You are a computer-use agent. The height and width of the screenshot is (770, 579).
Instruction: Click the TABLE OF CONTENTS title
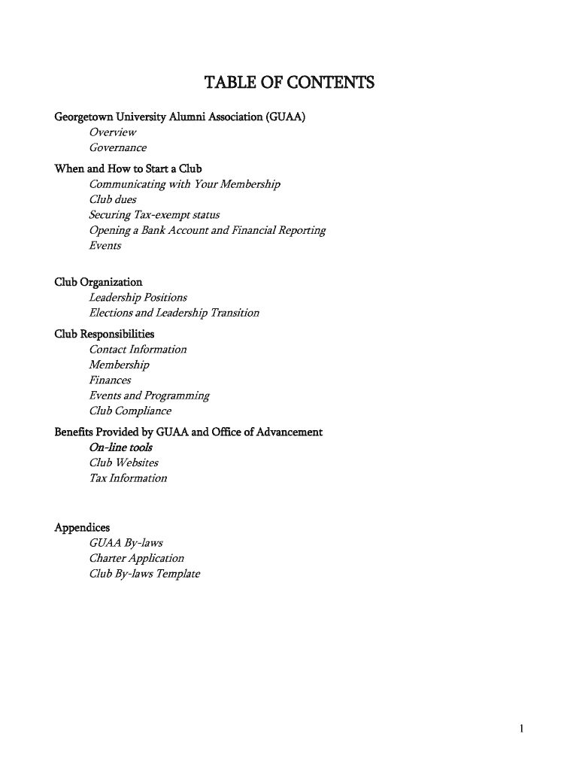[289, 82]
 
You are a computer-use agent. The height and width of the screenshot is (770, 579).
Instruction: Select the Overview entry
[113, 132]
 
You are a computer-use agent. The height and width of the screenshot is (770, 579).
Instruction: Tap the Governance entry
[117, 148]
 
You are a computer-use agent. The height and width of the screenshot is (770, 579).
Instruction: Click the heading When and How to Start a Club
[128, 168]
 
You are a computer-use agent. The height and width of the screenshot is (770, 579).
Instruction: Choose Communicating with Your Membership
[184, 184]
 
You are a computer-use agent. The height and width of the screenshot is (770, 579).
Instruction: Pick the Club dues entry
[113, 200]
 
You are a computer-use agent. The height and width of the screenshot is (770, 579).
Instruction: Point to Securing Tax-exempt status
[154, 215]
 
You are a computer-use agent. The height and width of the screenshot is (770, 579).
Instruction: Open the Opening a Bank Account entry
[207, 230]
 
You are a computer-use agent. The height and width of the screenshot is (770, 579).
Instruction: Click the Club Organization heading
[98, 282]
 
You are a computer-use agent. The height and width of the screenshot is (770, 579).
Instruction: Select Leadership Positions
[138, 298]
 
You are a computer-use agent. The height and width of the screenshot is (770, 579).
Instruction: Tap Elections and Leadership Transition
[174, 313]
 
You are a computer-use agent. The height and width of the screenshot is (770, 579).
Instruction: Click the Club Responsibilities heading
[105, 334]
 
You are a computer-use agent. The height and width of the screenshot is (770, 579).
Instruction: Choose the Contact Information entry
[138, 350]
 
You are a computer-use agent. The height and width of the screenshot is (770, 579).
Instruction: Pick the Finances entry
[110, 380]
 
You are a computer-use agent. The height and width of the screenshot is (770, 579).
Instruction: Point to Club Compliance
[130, 411]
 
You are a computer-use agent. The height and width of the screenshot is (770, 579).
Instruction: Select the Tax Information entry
[128, 478]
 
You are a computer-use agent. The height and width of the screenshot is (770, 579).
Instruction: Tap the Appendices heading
[82, 528]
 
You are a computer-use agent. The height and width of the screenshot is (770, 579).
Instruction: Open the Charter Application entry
[136, 559]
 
